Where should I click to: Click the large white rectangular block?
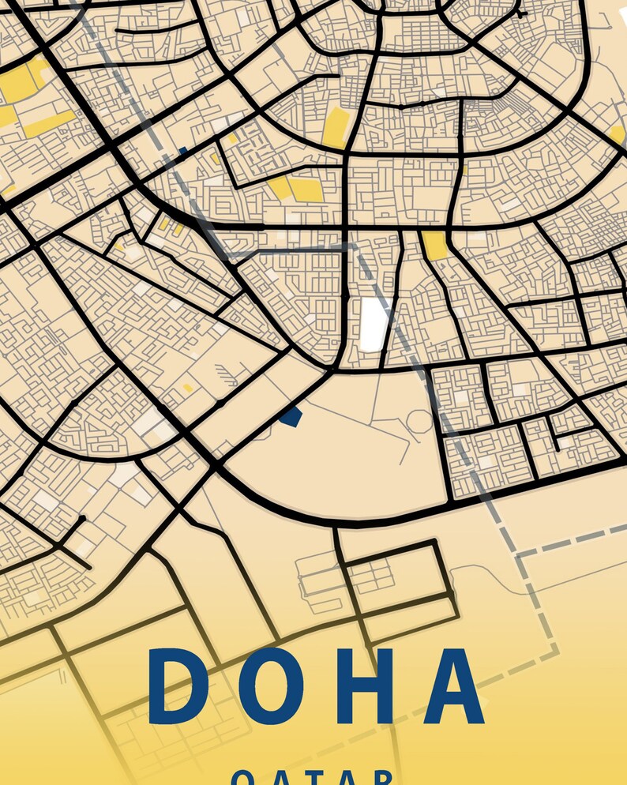(373, 323)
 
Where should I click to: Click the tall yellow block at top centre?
(336, 126)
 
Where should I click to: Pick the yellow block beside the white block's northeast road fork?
(434, 245)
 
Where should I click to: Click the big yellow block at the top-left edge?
(24, 79)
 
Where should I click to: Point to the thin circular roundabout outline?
(419, 423)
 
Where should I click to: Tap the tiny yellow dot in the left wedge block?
(188, 388)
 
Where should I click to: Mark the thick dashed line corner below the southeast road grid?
(518, 557)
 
